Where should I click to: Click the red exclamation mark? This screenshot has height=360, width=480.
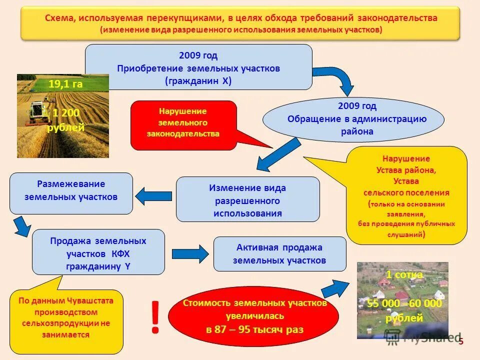tap(155, 317)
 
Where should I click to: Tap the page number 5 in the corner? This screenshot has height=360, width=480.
tap(461, 341)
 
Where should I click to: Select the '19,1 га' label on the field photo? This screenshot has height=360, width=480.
tap(65, 84)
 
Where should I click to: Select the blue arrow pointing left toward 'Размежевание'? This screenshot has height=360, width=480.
tap(153, 195)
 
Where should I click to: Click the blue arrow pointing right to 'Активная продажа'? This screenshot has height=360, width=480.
tap(189, 253)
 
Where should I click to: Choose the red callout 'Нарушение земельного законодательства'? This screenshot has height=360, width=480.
tap(183, 123)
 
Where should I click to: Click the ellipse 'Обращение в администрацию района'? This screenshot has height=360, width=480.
tap(353, 119)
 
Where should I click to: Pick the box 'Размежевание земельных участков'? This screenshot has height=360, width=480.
tap(71, 191)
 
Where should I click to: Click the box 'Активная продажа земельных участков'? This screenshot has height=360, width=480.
tap(279, 254)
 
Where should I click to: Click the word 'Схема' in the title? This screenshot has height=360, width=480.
tap(59, 18)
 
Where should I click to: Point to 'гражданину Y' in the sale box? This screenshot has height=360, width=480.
tap(98, 266)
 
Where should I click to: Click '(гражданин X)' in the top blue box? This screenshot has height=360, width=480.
tap(198, 80)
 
